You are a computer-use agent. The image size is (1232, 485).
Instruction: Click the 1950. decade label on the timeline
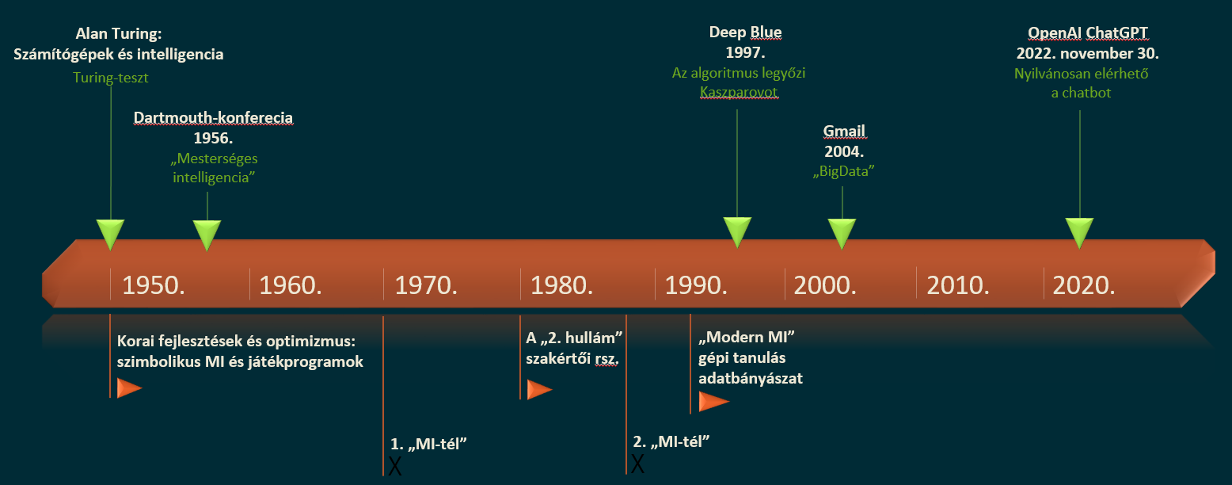154,285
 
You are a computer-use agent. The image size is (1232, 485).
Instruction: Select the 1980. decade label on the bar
562,285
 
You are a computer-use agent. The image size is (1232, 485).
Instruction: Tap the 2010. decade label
958,285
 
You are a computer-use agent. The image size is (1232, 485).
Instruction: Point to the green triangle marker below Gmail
842,233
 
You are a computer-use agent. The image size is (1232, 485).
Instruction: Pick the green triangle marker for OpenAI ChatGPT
1079,233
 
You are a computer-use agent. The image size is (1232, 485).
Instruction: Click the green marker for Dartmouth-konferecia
207,234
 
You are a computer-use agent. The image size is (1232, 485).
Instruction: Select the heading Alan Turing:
118,35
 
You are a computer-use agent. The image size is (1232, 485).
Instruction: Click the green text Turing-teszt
111,78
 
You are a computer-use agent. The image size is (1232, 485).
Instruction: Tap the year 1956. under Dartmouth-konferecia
213,138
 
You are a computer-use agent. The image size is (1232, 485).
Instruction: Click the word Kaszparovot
739,93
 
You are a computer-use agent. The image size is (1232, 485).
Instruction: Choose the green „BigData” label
844,171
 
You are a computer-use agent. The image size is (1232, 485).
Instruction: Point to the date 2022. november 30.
1088,54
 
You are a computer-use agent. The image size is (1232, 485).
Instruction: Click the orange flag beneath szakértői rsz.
539,390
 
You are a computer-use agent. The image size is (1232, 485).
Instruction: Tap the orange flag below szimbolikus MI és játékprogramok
129,388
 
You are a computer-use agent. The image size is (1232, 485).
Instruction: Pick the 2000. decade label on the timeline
825,285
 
